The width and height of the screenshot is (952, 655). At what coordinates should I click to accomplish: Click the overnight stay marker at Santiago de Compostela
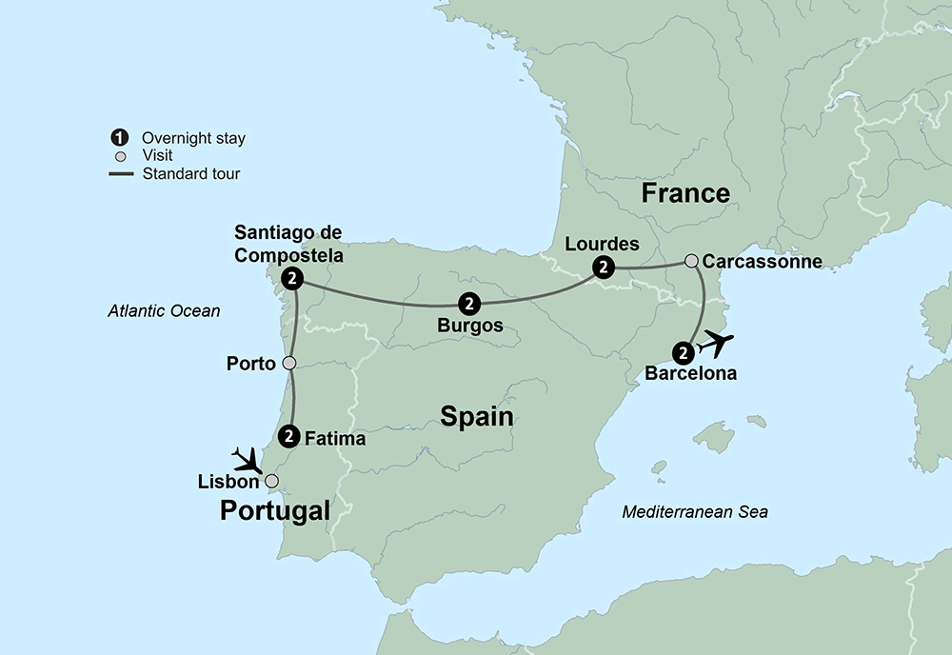(293, 279)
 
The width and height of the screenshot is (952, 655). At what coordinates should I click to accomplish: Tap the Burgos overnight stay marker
(468, 304)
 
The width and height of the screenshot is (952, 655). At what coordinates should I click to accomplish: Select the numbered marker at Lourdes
(603, 268)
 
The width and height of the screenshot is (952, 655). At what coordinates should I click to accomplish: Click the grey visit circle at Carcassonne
(692, 260)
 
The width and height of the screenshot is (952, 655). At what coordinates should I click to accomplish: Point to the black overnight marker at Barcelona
(683, 353)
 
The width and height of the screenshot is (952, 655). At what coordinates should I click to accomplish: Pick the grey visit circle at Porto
(289, 363)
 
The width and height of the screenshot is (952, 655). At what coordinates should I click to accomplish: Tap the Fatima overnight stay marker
(288, 435)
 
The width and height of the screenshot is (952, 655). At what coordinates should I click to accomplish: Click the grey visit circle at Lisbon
(271, 481)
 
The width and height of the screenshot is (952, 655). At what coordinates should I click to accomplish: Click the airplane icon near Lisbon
(248, 461)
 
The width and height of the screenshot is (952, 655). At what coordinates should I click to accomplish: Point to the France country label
(685, 194)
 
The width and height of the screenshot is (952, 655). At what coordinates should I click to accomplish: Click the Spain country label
(476, 417)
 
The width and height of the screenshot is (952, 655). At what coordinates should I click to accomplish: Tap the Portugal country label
(275, 511)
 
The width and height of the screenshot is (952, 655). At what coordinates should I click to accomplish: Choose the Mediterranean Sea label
(695, 512)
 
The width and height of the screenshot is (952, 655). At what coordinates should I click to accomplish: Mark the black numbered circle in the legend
(120, 138)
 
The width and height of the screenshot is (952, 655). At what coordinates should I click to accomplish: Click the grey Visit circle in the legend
(120, 156)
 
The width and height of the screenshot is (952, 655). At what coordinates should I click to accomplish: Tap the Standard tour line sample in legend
(120, 173)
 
